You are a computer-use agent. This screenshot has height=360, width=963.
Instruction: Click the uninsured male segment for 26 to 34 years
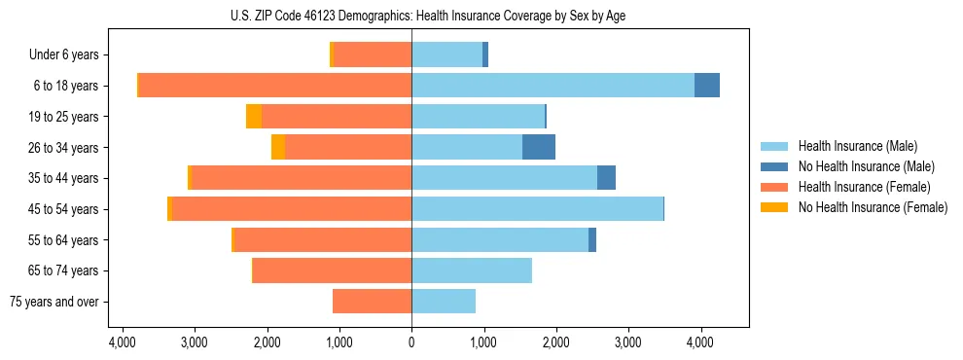(539, 147)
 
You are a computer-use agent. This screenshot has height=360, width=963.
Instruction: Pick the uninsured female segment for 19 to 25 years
(254, 117)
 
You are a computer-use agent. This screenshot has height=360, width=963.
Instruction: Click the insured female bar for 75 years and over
(372, 302)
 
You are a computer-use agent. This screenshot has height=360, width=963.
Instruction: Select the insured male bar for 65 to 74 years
(472, 270)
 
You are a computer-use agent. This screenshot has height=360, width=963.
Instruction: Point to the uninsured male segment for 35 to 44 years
(606, 178)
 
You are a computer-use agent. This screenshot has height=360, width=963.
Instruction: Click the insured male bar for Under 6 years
(446, 54)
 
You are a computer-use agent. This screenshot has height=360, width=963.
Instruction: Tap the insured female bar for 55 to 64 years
(323, 239)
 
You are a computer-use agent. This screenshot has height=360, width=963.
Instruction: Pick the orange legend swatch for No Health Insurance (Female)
(774, 207)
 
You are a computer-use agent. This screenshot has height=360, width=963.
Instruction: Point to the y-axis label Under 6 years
(63, 54)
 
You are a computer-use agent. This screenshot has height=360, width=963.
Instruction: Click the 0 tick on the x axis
(411, 343)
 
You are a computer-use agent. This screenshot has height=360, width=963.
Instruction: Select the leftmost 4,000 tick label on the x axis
(123, 343)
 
